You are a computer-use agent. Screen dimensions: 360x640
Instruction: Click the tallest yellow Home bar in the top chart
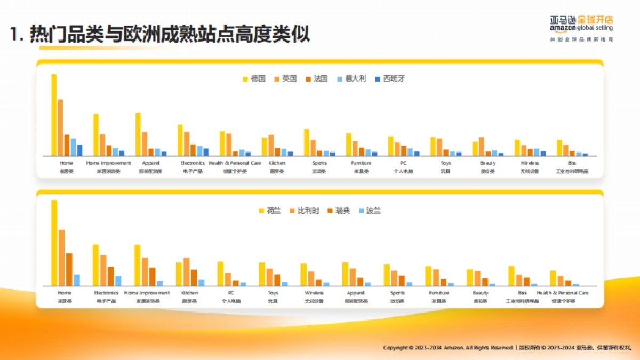tap(54, 115)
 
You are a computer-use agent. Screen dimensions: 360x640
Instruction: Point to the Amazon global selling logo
tap(581, 25)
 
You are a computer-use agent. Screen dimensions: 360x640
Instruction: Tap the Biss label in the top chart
tap(572, 163)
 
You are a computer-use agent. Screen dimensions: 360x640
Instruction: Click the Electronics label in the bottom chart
tap(106, 293)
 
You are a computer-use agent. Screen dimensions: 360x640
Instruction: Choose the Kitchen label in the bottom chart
tap(189, 293)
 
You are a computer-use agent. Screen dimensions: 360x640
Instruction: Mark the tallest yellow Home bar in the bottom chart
tap(54, 243)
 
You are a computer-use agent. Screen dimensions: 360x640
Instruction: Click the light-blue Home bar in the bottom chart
tap(77, 281)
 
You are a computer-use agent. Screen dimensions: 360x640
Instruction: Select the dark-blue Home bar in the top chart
tap(79, 150)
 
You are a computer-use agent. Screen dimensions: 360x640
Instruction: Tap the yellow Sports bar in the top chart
tap(307, 142)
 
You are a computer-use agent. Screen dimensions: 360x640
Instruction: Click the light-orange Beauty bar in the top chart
tap(482, 146)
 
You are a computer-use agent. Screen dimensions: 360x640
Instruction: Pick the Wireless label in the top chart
tap(530, 163)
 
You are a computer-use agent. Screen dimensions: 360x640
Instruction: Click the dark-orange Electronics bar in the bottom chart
tap(110, 276)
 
